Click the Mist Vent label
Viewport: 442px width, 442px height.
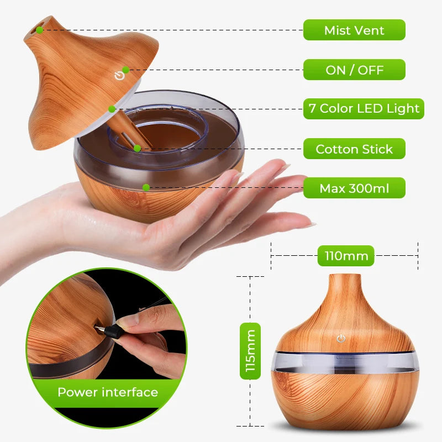coord(354,30)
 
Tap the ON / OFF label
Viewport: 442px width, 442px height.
coord(354,70)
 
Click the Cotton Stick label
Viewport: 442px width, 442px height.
coord(354,149)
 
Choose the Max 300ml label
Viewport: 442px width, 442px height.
coord(354,188)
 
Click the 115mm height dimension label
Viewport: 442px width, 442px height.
coord(250,351)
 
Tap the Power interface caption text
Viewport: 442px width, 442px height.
coord(108,392)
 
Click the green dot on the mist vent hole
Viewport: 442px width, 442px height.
coord(40,30)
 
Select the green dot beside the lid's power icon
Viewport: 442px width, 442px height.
coord(126,70)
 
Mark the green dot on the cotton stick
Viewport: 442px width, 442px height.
coord(137,148)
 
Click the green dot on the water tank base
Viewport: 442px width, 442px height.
coord(146,187)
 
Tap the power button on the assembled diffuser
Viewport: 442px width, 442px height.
coord(341,339)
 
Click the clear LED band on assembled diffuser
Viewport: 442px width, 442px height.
coord(343,361)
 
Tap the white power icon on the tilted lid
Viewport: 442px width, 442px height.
coord(119,76)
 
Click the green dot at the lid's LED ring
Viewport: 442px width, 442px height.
coord(112,109)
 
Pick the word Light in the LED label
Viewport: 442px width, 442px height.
coord(403,109)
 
